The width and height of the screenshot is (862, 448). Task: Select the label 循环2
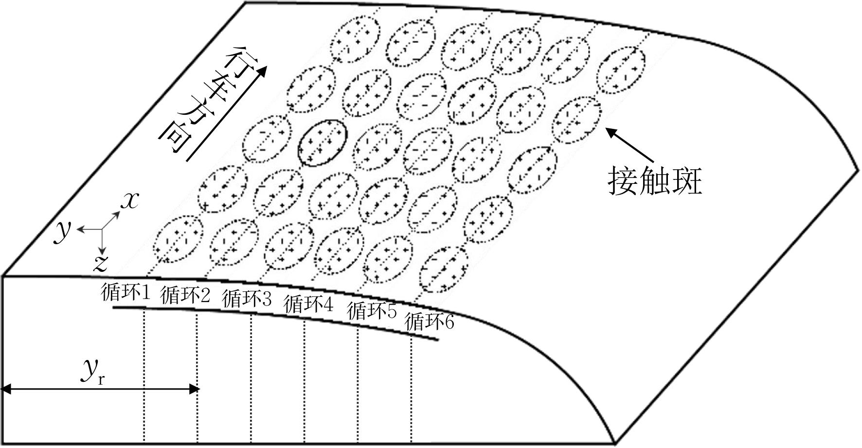point(185,295)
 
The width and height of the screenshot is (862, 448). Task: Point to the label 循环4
point(309,305)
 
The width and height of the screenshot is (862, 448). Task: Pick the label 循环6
point(430,322)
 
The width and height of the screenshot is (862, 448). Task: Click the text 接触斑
point(655,182)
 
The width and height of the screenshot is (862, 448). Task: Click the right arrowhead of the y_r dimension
point(195,389)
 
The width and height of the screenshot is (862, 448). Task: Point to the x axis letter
point(129,200)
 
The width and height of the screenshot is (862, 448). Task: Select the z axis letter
point(100,263)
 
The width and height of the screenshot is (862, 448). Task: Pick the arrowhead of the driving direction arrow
point(262,71)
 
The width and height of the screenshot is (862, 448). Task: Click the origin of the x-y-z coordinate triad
point(101,229)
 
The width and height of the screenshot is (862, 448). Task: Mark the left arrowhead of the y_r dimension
point(7,389)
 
